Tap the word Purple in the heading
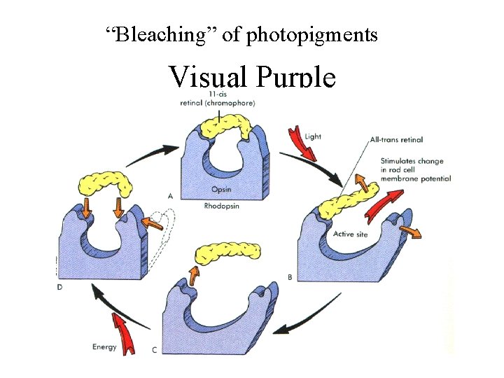point(296,76)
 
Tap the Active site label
point(350,234)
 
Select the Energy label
point(104,346)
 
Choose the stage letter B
point(290,277)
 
